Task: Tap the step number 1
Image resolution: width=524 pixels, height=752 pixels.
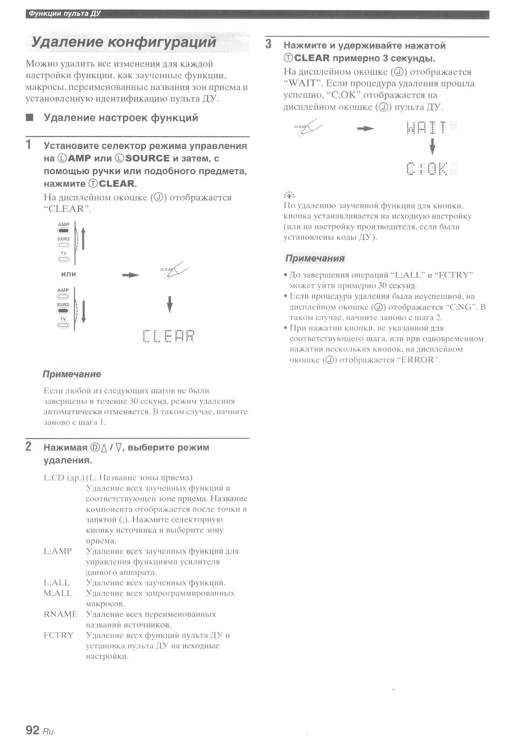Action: click(29, 145)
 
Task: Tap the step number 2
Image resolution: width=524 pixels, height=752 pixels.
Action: click(29, 446)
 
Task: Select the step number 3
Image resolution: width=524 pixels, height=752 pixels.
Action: click(269, 45)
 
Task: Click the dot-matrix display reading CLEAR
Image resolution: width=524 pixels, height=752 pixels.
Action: click(168, 336)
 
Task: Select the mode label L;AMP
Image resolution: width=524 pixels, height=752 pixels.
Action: click(58, 551)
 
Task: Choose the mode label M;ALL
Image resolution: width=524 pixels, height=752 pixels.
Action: click(58, 593)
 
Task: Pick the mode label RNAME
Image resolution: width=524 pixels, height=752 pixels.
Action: click(60, 614)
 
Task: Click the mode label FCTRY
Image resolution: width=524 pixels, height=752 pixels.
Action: click(59, 635)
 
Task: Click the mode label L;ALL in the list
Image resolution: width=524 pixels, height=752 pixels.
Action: click(57, 583)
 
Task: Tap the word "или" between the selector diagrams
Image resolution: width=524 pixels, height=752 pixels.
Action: click(69, 274)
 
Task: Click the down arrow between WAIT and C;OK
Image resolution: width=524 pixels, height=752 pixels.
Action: click(432, 146)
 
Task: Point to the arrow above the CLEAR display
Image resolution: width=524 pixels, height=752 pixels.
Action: click(170, 304)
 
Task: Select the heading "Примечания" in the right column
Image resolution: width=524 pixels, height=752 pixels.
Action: click(315, 258)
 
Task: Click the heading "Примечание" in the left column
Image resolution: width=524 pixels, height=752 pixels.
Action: click(72, 374)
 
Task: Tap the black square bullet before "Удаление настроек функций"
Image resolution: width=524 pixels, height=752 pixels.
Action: click(30, 117)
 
